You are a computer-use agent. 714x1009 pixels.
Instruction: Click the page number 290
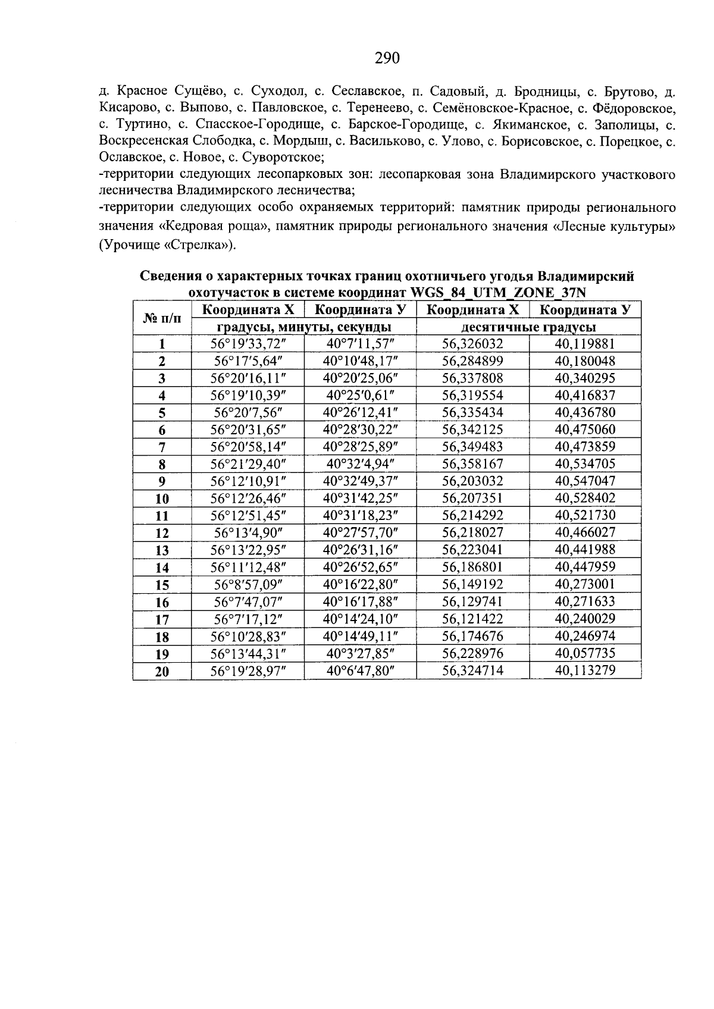click(x=387, y=58)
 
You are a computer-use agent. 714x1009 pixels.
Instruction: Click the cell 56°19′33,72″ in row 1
click(x=248, y=344)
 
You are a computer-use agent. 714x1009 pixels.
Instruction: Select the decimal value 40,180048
click(x=585, y=361)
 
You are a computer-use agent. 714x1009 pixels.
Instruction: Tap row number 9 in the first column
click(x=162, y=481)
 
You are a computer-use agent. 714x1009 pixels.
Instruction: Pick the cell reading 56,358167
click(x=473, y=463)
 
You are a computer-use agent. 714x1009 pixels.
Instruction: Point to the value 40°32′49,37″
click(x=360, y=481)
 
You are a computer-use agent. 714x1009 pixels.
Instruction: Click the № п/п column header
click(x=162, y=319)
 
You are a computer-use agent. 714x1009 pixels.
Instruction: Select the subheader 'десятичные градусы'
click(x=529, y=327)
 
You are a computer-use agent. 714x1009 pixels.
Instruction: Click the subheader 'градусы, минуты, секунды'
click(x=303, y=327)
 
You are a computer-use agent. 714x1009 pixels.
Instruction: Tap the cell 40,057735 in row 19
click(x=585, y=653)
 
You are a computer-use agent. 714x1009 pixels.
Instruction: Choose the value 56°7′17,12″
click(x=248, y=619)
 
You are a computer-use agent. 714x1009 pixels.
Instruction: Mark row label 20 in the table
click(x=162, y=672)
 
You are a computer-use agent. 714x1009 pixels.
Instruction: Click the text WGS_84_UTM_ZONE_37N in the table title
click(x=497, y=293)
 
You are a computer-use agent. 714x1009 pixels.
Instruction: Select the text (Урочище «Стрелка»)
click(x=167, y=246)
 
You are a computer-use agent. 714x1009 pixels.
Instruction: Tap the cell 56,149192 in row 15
click(x=473, y=584)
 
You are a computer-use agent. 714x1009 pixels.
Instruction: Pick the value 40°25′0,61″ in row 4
click(x=360, y=395)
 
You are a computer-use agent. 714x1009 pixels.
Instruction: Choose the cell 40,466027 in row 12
click(x=585, y=532)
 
